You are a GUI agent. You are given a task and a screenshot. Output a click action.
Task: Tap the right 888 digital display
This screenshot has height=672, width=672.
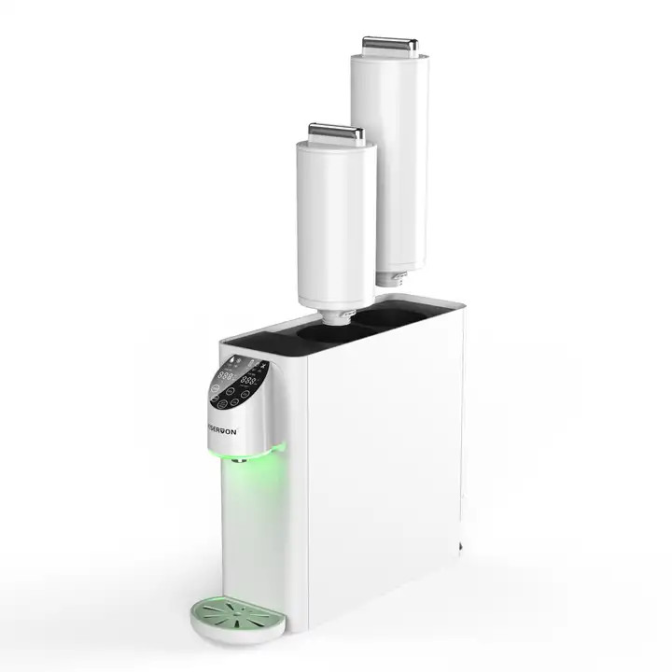pyautogui.click(x=250, y=381)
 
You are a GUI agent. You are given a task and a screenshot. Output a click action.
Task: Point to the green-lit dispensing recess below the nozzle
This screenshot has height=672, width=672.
pyautogui.click(x=250, y=532)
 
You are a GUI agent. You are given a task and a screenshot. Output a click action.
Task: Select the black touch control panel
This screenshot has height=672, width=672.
pyautogui.click(x=239, y=383)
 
